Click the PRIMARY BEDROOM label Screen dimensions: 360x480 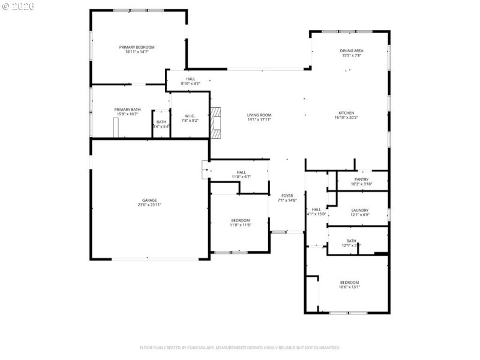[137, 47]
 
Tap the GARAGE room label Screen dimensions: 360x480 [149, 200]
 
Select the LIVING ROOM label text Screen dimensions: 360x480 [259, 115]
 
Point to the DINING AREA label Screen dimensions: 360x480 [352, 50]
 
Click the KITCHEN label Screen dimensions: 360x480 [346, 113]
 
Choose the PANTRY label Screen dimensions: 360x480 [361, 179]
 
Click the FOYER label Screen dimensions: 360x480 [287, 196]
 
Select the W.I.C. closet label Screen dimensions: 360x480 [190, 115]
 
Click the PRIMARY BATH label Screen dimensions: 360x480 [127, 109]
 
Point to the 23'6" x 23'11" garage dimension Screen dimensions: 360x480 [149, 205]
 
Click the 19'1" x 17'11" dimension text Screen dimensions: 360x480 [259, 119]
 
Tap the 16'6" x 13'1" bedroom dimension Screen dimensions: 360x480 [349, 287]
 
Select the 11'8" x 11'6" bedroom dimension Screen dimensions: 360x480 [240, 225]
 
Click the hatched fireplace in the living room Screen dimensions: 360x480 [215, 122]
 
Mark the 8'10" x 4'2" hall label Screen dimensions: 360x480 [190, 83]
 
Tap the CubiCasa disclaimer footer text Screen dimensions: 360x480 [240, 347]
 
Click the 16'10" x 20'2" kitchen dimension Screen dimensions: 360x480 [346, 118]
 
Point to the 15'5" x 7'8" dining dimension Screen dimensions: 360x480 [352, 56]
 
